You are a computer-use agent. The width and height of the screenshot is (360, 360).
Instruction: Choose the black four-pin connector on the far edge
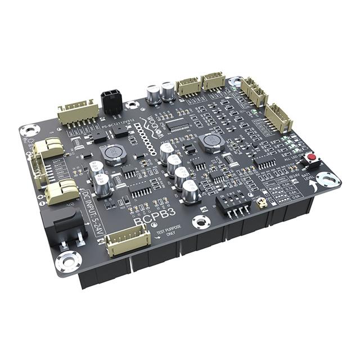(x=112, y=101)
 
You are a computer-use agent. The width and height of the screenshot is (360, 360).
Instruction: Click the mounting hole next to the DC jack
(x=67, y=262)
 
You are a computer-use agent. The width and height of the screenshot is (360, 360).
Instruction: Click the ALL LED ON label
(x=294, y=159)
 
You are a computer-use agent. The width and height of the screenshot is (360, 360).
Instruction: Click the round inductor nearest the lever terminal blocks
(x=112, y=153)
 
